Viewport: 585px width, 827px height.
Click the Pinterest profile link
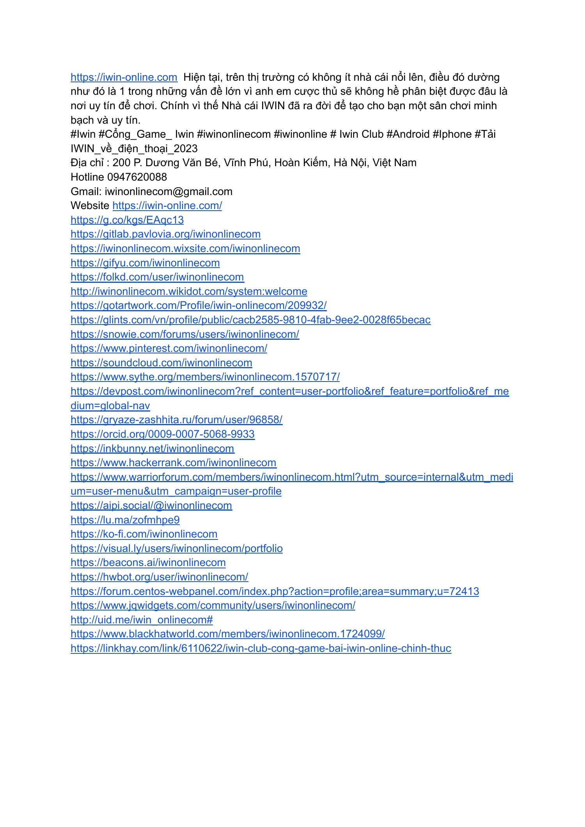[168, 348]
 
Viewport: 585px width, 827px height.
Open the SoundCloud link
[161, 363]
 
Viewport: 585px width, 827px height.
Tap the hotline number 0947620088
[136, 177]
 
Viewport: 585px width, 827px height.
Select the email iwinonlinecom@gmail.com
[168, 192]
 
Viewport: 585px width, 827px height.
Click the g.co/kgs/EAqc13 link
[127, 220]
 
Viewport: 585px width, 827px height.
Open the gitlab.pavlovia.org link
[165, 234]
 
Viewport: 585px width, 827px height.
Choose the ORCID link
[162, 434]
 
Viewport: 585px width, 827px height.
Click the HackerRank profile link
[173, 463]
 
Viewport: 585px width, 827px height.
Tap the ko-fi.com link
[144, 534]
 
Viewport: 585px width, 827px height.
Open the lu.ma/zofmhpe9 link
[125, 520]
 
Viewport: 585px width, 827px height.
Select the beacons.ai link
[148, 563]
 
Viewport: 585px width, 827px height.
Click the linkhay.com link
[261, 648]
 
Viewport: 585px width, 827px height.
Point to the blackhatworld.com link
[227, 634]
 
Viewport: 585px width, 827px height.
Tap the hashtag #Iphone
[452, 134]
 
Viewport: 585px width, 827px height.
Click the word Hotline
[87, 177]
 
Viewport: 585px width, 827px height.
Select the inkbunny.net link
[152, 449]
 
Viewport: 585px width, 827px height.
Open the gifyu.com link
[145, 263]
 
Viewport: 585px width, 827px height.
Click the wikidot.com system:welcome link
[189, 291]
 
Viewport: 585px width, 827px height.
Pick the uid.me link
[142, 620]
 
